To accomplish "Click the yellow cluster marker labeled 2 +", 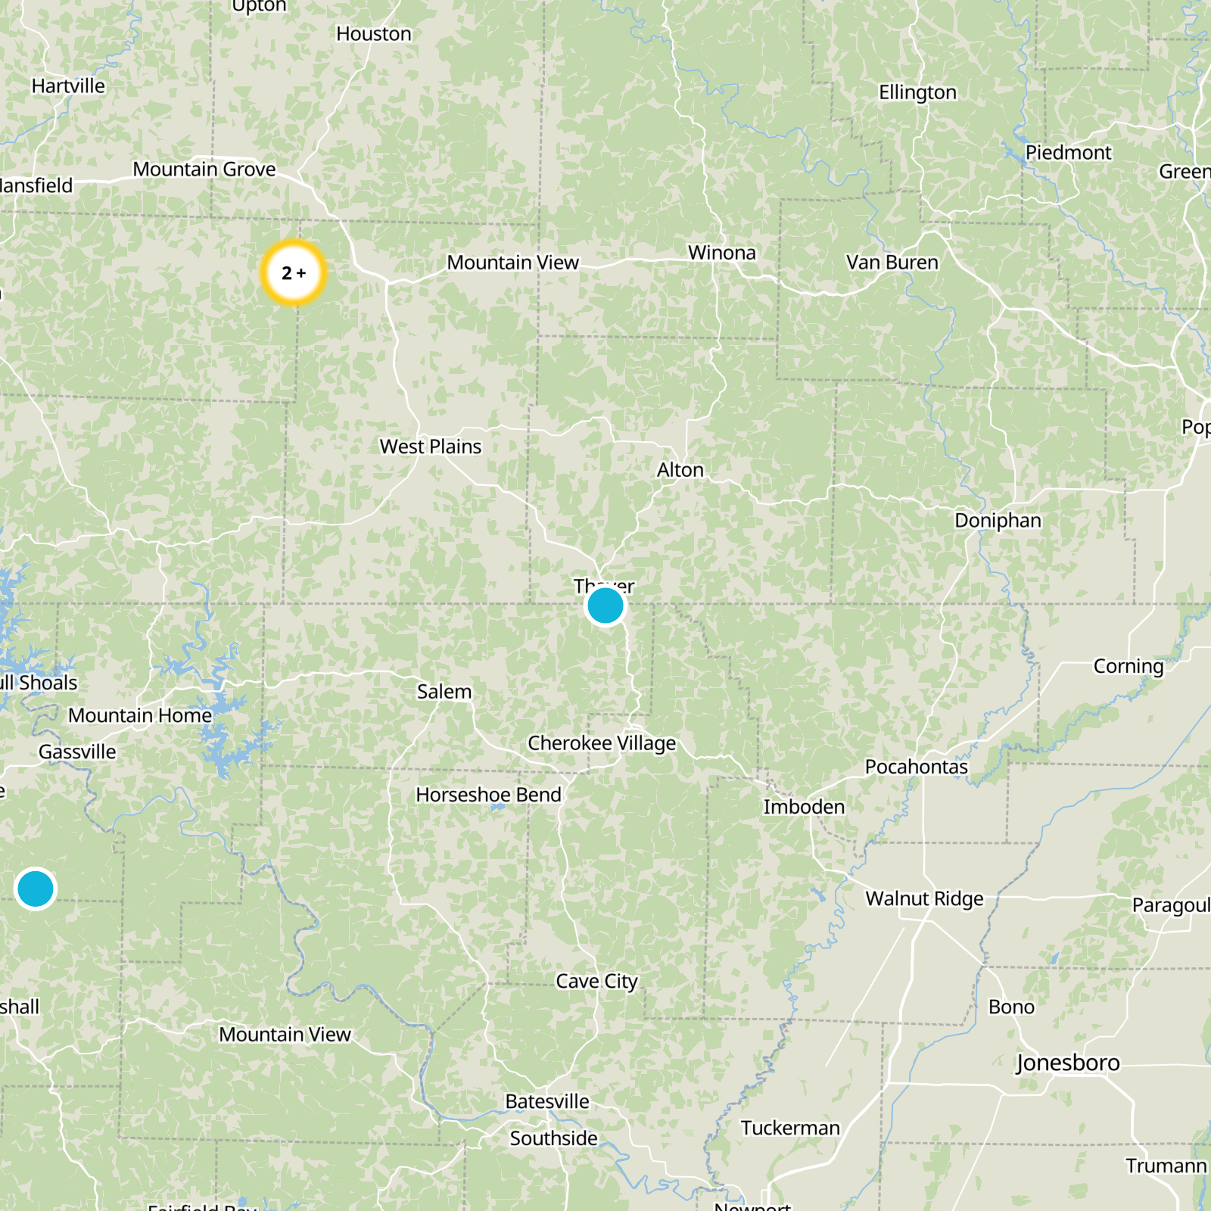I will click(x=294, y=272).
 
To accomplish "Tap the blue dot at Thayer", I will click(x=605, y=606).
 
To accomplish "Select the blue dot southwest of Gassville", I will click(x=35, y=888).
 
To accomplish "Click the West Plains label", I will click(x=430, y=447).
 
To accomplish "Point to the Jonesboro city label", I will click(x=1067, y=1063).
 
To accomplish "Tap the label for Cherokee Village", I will click(x=602, y=743).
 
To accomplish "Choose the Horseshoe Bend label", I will click(x=488, y=795).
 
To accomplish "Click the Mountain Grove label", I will click(x=204, y=170).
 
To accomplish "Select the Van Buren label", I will click(x=892, y=263).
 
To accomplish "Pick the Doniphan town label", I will click(x=998, y=521).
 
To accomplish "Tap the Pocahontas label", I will click(x=916, y=767).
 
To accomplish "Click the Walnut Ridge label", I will click(x=924, y=898).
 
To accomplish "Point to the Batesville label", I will click(x=546, y=1101).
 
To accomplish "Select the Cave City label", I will click(x=596, y=981).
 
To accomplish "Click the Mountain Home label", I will click(x=140, y=715).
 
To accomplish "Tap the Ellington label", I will click(x=917, y=92).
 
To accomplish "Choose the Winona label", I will click(x=721, y=253).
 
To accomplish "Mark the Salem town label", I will click(x=444, y=692).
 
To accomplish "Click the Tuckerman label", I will click(x=790, y=1128).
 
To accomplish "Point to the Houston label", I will click(x=374, y=34).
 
